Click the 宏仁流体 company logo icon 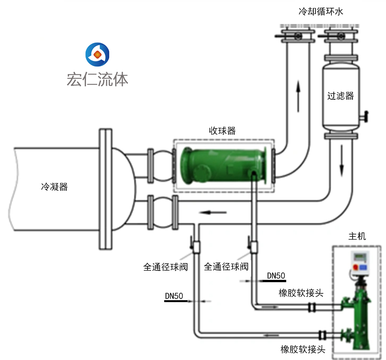pos(97,54)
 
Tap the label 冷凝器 pos(54,187)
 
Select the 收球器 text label pos(222,131)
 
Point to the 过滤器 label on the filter pos(340,96)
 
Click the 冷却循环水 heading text pos(321,12)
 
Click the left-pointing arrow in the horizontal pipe pos(213,213)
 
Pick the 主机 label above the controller pos(357,236)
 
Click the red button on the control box pos(355,267)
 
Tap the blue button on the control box pos(364,267)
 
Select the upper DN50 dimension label pos(276,276)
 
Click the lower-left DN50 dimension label pos(174,296)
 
